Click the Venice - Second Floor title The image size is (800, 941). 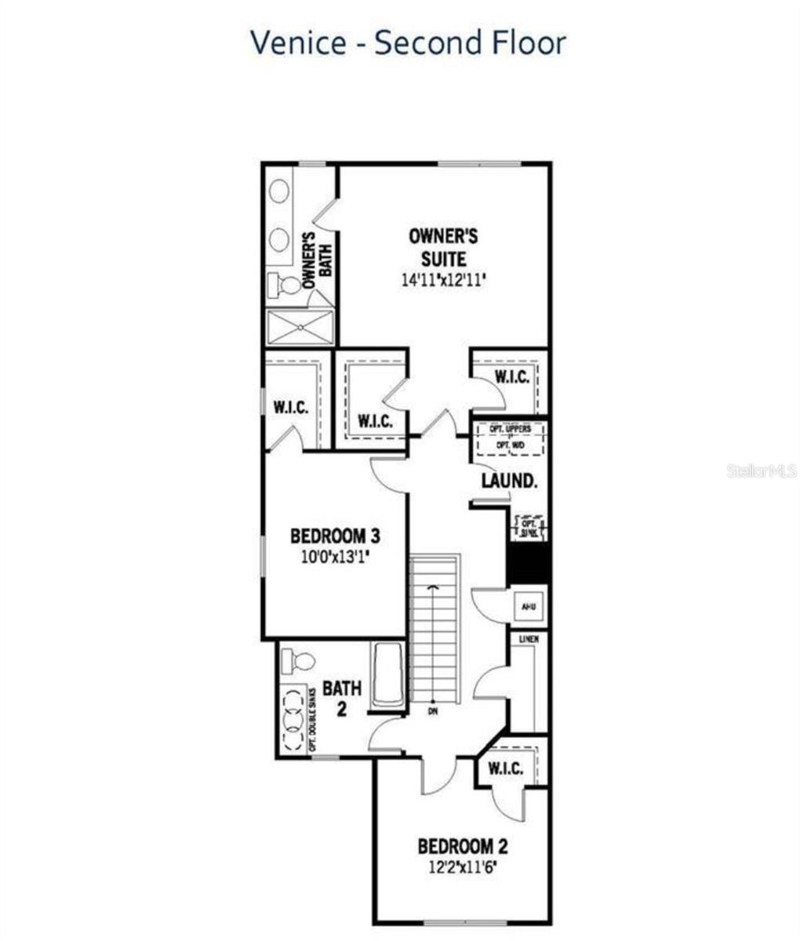tap(408, 42)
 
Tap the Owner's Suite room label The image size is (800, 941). tap(443, 247)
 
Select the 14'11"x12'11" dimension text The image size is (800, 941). tap(443, 280)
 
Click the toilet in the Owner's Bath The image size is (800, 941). tap(285, 285)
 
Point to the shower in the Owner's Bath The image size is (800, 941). tap(300, 327)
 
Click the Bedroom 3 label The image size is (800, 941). tap(335, 536)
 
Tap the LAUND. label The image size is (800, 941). tap(509, 480)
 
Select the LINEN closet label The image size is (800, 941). tap(528, 640)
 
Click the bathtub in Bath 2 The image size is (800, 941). tap(387, 674)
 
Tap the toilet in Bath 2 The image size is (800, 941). tap(296, 660)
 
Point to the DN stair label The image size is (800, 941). tap(432, 711)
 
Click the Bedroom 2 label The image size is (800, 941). tap(463, 846)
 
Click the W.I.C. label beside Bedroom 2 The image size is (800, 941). tap(505, 768)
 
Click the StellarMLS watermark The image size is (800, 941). tap(762, 470)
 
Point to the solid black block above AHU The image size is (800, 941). tap(527, 563)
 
